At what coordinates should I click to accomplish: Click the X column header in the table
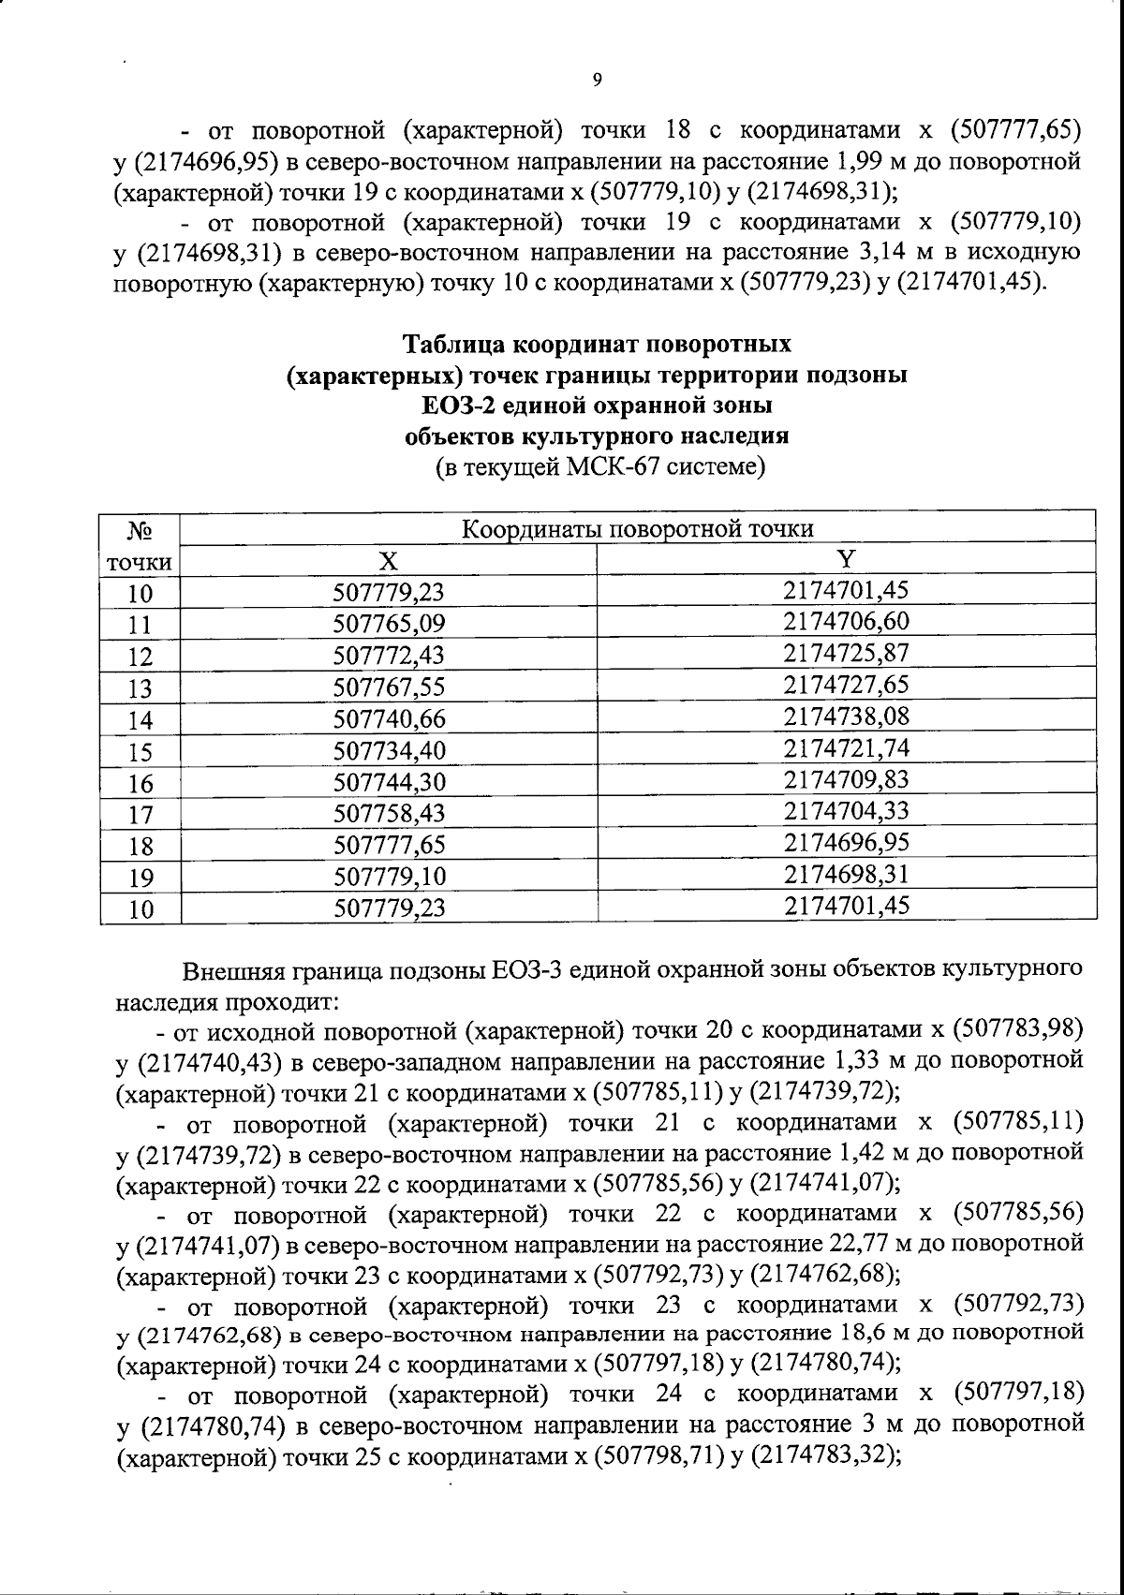388,560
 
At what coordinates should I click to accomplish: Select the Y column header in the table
846,559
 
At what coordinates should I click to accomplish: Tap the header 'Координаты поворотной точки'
639,528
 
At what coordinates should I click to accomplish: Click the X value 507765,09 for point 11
389,624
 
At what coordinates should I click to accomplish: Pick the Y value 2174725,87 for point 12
847,653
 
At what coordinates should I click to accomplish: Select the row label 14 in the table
140,720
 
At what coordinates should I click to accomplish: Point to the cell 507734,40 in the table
389,751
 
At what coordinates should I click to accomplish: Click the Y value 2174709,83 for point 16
847,779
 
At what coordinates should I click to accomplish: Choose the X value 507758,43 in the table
389,814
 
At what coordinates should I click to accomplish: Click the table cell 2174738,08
847,716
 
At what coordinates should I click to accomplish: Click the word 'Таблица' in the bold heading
454,345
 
